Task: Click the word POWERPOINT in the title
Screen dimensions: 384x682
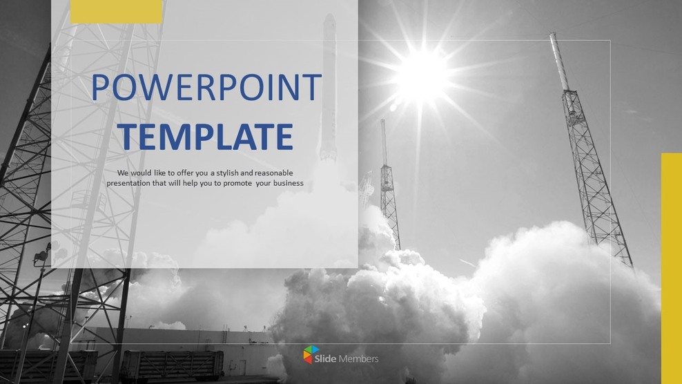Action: click(206, 88)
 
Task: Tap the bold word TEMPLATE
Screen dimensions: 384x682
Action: click(205, 136)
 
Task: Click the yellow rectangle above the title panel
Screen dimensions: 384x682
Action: click(107, 11)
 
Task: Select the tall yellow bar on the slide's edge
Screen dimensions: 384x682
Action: click(671, 266)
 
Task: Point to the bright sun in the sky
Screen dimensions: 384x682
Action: click(422, 74)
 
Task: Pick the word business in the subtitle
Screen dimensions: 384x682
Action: click(289, 183)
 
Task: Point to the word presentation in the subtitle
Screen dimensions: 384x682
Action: click(130, 183)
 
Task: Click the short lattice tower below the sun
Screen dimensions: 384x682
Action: click(389, 186)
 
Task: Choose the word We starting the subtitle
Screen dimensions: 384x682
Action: click(123, 173)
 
